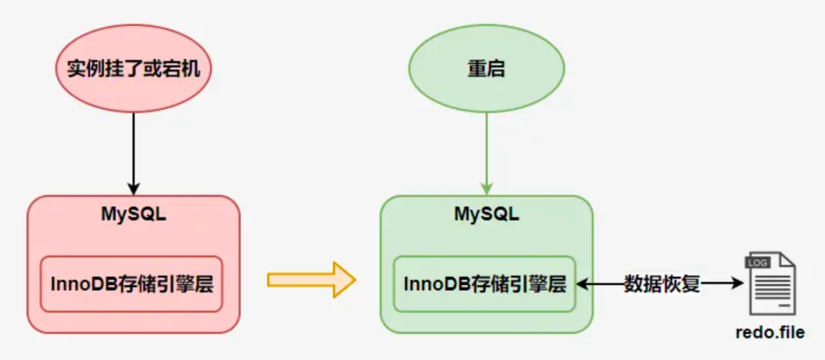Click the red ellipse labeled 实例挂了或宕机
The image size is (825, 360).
tap(134, 70)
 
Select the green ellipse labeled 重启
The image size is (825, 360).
tap(487, 70)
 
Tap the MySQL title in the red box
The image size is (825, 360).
tap(134, 213)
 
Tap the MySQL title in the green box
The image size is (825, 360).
tap(487, 214)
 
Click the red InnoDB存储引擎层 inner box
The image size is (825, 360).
tap(131, 284)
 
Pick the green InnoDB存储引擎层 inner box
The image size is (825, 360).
tap(484, 284)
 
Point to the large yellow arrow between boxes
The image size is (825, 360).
tap(310, 281)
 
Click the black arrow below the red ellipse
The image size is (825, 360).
tap(134, 149)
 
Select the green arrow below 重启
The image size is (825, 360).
tap(487, 149)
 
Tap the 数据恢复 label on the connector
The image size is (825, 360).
tap(662, 284)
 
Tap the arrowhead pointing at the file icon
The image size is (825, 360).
tap(738, 284)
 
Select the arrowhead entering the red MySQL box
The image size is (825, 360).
tap(134, 189)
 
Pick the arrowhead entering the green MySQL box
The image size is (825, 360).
tap(487, 189)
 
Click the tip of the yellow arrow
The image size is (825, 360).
tap(353, 281)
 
